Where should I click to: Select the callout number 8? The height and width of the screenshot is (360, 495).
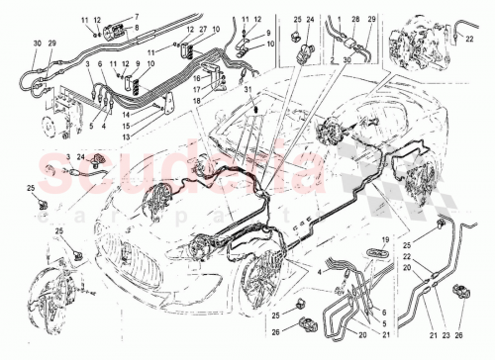pyautogui.click(x=137, y=29)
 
